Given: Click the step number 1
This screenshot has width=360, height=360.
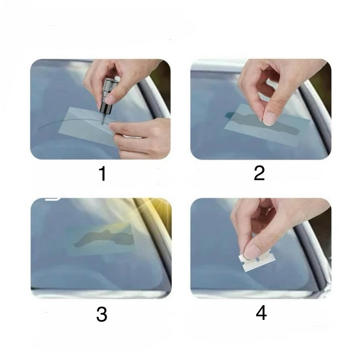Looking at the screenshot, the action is coord(103,174).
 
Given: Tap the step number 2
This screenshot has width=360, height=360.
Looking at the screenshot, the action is coord(260,173).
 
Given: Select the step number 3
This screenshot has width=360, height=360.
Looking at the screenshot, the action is coord(102,314).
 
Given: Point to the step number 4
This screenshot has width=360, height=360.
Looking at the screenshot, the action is coord(261,313).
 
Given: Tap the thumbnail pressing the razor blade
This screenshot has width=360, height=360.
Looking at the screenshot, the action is coord(252,252).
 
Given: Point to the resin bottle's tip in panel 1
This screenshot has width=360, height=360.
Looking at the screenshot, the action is coord(102,123).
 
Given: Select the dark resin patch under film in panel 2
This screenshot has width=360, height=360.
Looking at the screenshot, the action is coord(264,124).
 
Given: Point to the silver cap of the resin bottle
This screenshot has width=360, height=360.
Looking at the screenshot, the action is coord(110,86).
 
